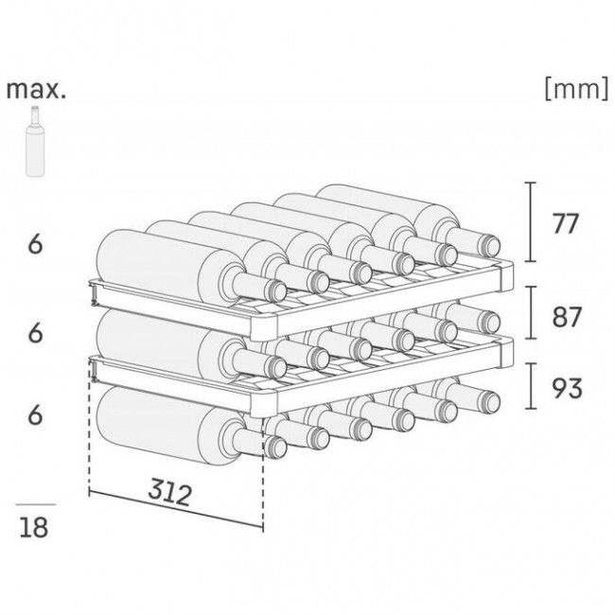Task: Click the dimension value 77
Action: pyautogui.click(x=565, y=223)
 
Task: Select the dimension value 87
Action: pyautogui.click(x=566, y=317)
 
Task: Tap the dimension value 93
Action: pyautogui.click(x=567, y=388)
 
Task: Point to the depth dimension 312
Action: pyautogui.click(x=170, y=492)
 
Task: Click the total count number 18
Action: pyautogui.click(x=34, y=527)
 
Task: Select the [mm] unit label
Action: pyautogui.click(x=576, y=89)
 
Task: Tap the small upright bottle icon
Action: pyautogui.click(x=35, y=141)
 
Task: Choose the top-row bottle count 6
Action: pyautogui.click(x=35, y=244)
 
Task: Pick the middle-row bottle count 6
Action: pyautogui.click(x=35, y=333)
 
